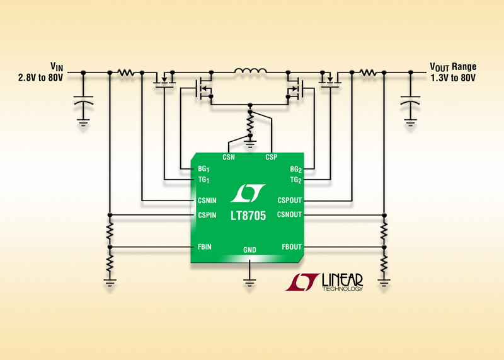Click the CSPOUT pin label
(x=289, y=200)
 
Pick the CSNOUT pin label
(x=289, y=215)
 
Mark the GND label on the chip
(x=249, y=250)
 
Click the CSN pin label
(x=229, y=158)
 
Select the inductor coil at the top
(x=251, y=71)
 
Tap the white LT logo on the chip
(x=249, y=192)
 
